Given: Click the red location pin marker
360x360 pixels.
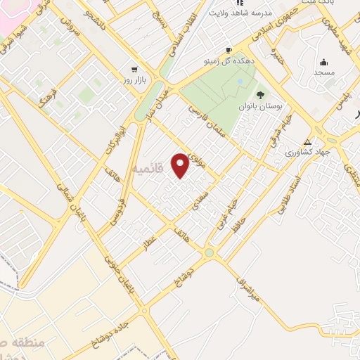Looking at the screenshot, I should (181, 165).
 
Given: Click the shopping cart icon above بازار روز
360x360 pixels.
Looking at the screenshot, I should (134, 70).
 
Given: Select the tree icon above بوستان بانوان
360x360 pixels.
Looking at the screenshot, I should (261, 95).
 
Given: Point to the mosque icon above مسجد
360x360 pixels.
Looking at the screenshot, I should (323, 63).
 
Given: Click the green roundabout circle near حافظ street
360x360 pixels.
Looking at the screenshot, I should (209, 253).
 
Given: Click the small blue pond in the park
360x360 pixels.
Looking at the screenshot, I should (240, 82).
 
